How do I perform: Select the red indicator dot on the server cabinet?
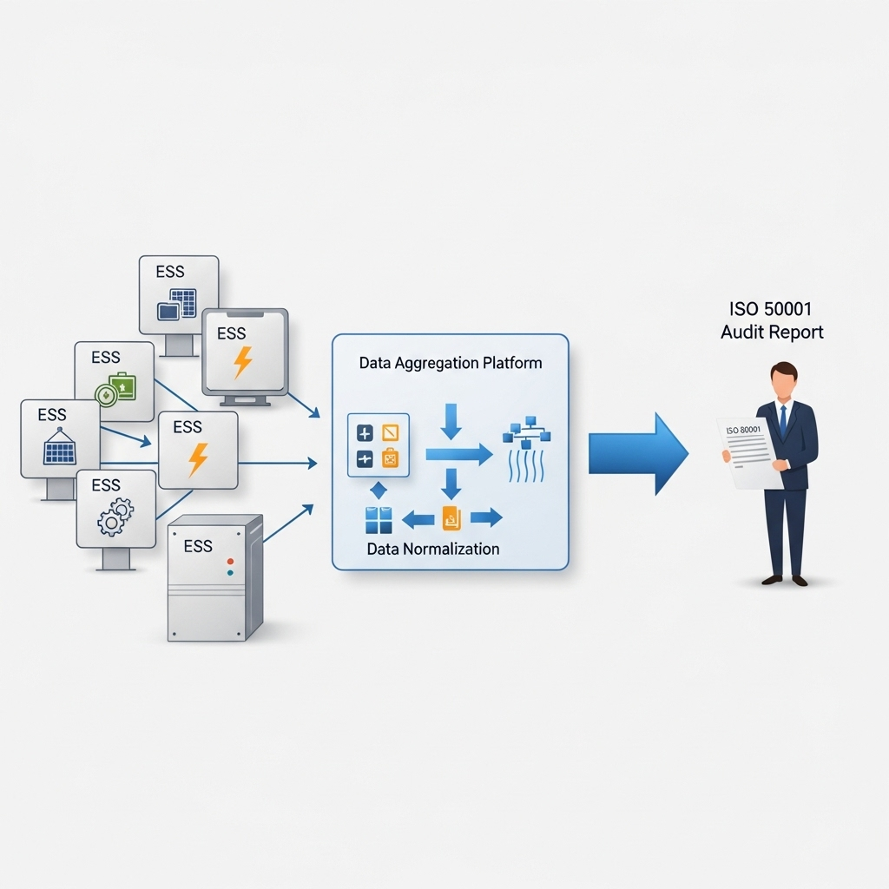[x=230, y=560]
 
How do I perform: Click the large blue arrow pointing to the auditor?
[x=637, y=453]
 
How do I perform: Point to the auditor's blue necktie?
[x=782, y=420]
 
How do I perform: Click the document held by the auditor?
[x=745, y=451]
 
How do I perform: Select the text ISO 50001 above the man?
[x=772, y=308]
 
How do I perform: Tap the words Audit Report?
[x=772, y=333]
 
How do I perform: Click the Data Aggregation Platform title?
[x=451, y=363]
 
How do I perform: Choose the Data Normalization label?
[x=433, y=549]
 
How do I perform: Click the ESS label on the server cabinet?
[x=198, y=546]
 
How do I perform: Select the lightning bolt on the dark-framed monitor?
[x=243, y=362]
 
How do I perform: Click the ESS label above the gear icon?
[x=106, y=484]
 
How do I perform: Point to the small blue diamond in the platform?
[x=379, y=490]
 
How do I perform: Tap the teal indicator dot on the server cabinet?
[x=230, y=573]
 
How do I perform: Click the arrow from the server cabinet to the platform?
[x=288, y=524]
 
